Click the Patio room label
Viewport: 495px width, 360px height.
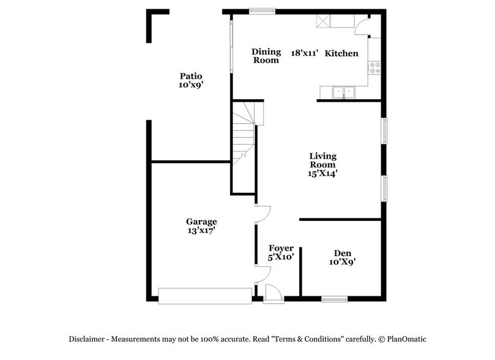187,76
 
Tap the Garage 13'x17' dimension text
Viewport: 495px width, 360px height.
201,231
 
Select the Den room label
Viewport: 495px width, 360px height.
342,253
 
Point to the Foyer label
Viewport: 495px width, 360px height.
281,248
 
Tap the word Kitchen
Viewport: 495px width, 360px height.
341,54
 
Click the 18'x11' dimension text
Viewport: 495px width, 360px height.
304,54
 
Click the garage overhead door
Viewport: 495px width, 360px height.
204,296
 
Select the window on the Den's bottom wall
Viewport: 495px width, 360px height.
335,299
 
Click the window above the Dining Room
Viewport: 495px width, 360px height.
261,10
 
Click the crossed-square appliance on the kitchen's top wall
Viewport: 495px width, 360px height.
322,22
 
